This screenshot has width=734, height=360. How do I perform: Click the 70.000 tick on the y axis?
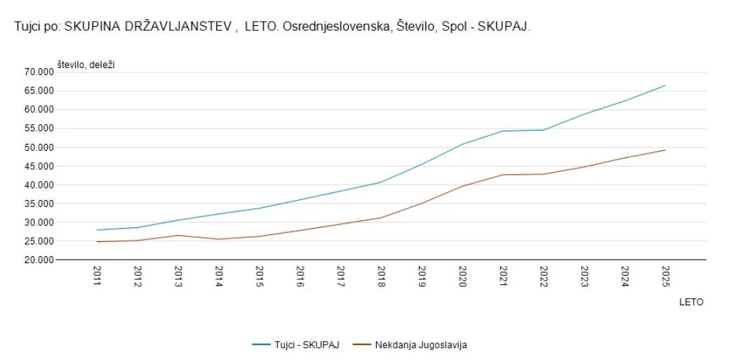coord(38,72)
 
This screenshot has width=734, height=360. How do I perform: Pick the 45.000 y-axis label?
coord(38,166)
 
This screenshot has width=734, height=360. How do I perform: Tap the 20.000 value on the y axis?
coord(38,260)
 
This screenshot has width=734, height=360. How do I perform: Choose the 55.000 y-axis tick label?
coord(38,128)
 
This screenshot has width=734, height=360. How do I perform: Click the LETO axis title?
coord(691,302)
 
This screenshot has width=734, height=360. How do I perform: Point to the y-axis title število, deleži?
coord(86,65)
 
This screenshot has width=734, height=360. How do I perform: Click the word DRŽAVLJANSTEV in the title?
coord(185,27)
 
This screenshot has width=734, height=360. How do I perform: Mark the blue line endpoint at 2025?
coord(665,86)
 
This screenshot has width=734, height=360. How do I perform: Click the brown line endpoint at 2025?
coord(665,150)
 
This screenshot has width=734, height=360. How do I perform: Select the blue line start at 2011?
coord(97,230)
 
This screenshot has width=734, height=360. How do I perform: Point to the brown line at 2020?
coord(462,186)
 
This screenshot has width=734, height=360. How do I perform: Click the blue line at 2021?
coord(503,131)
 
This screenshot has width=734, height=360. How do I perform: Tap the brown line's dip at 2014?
coord(219,239)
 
